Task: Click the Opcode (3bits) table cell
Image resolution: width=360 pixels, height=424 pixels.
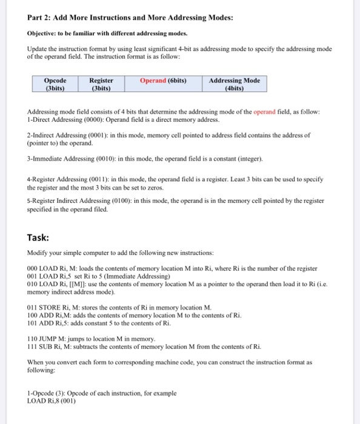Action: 56,84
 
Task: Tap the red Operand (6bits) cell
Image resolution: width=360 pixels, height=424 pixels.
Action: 163,80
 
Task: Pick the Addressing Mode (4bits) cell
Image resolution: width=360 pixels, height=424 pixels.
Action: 234,84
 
